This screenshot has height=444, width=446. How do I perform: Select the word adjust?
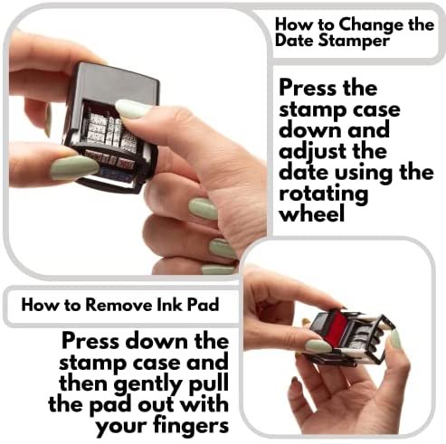[x=314, y=152]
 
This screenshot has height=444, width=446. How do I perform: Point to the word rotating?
[x=324, y=194]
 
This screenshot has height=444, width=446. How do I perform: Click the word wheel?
[x=311, y=213]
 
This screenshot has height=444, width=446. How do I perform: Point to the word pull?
[x=208, y=385]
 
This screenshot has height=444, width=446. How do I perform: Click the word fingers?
[x=191, y=427]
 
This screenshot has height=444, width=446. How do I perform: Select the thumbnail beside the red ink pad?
[x=318, y=346]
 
